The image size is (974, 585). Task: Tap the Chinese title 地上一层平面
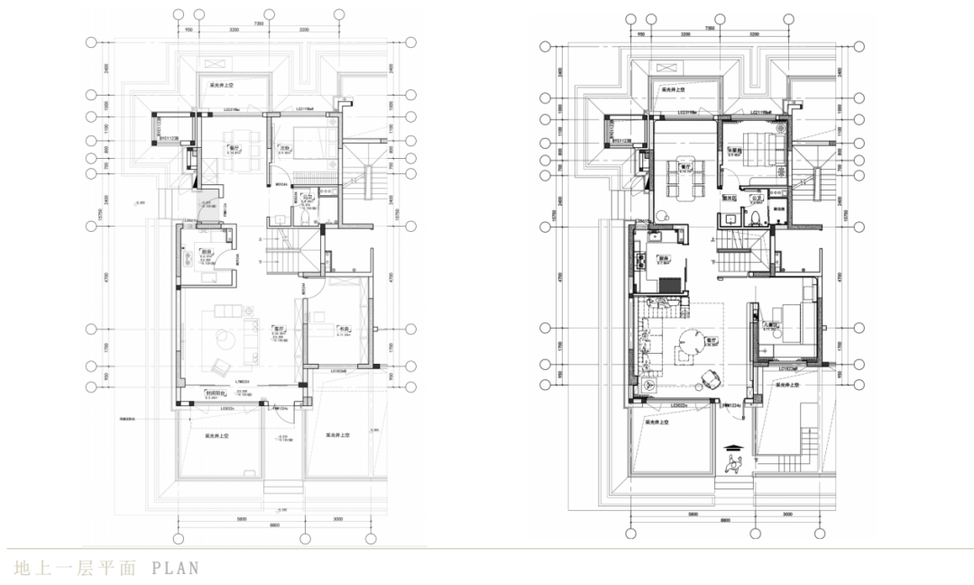point(75,568)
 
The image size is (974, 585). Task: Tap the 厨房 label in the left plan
point(206,252)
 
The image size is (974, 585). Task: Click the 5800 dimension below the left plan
point(217,517)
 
